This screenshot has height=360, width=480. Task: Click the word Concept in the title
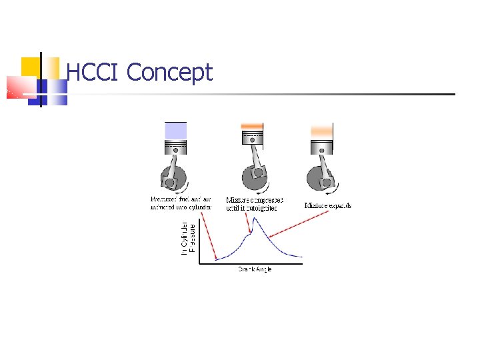[169, 73]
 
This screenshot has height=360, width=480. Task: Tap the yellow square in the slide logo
[31, 67]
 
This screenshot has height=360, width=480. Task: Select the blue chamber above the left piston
[176, 130]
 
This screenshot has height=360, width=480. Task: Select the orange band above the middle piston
[252, 126]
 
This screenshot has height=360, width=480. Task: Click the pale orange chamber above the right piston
[321, 131]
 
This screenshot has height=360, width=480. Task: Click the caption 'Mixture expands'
[328, 205]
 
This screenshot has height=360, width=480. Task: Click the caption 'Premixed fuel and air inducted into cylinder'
[181, 203]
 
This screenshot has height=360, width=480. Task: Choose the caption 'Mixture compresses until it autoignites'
[254, 204]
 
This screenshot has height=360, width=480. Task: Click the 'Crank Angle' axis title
[255, 269]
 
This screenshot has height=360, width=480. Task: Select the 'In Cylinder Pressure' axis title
[188, 238]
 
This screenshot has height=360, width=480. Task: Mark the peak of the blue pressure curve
[257, 218]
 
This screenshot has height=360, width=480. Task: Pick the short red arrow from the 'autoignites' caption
[247, 223]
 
